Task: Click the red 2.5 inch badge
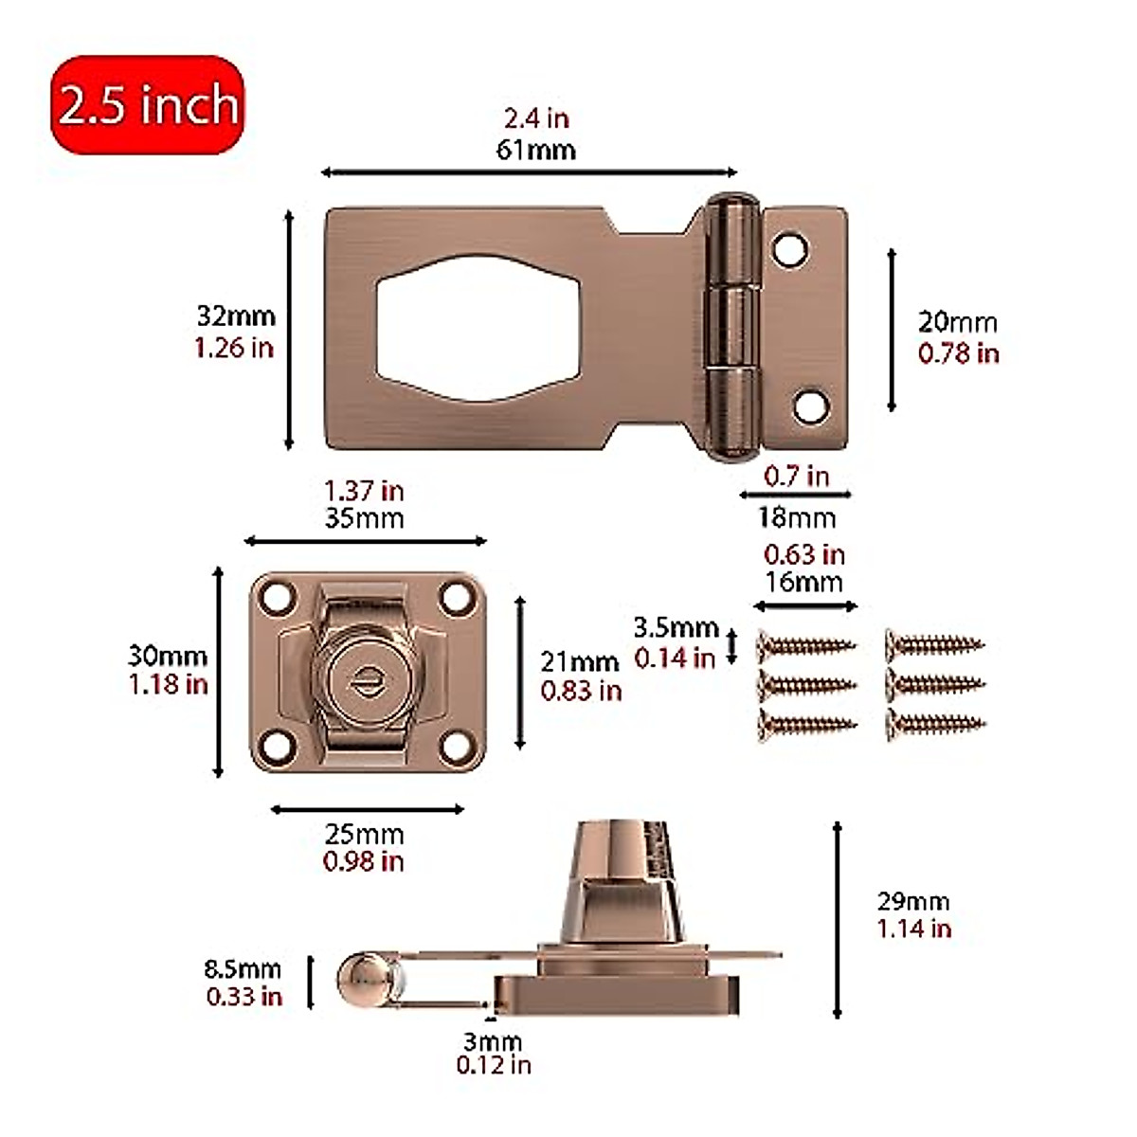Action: point(148,104)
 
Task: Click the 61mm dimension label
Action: point(535,150)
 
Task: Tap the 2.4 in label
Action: point(535,118)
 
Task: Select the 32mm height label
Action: point(236,316)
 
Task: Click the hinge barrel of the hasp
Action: point(732,322)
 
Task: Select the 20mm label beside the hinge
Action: point(957,322)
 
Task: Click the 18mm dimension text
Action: point(796,518)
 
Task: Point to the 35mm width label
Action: point(364,518)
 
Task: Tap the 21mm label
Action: point(579,661)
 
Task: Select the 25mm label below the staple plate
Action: point(364,835)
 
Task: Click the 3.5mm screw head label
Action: point(676,627)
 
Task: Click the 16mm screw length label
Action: point(803,582)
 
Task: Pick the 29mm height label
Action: point(912,901)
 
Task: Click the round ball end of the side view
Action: point(364,981)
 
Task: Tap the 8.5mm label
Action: point(243,969)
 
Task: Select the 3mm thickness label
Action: point(493,1041)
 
